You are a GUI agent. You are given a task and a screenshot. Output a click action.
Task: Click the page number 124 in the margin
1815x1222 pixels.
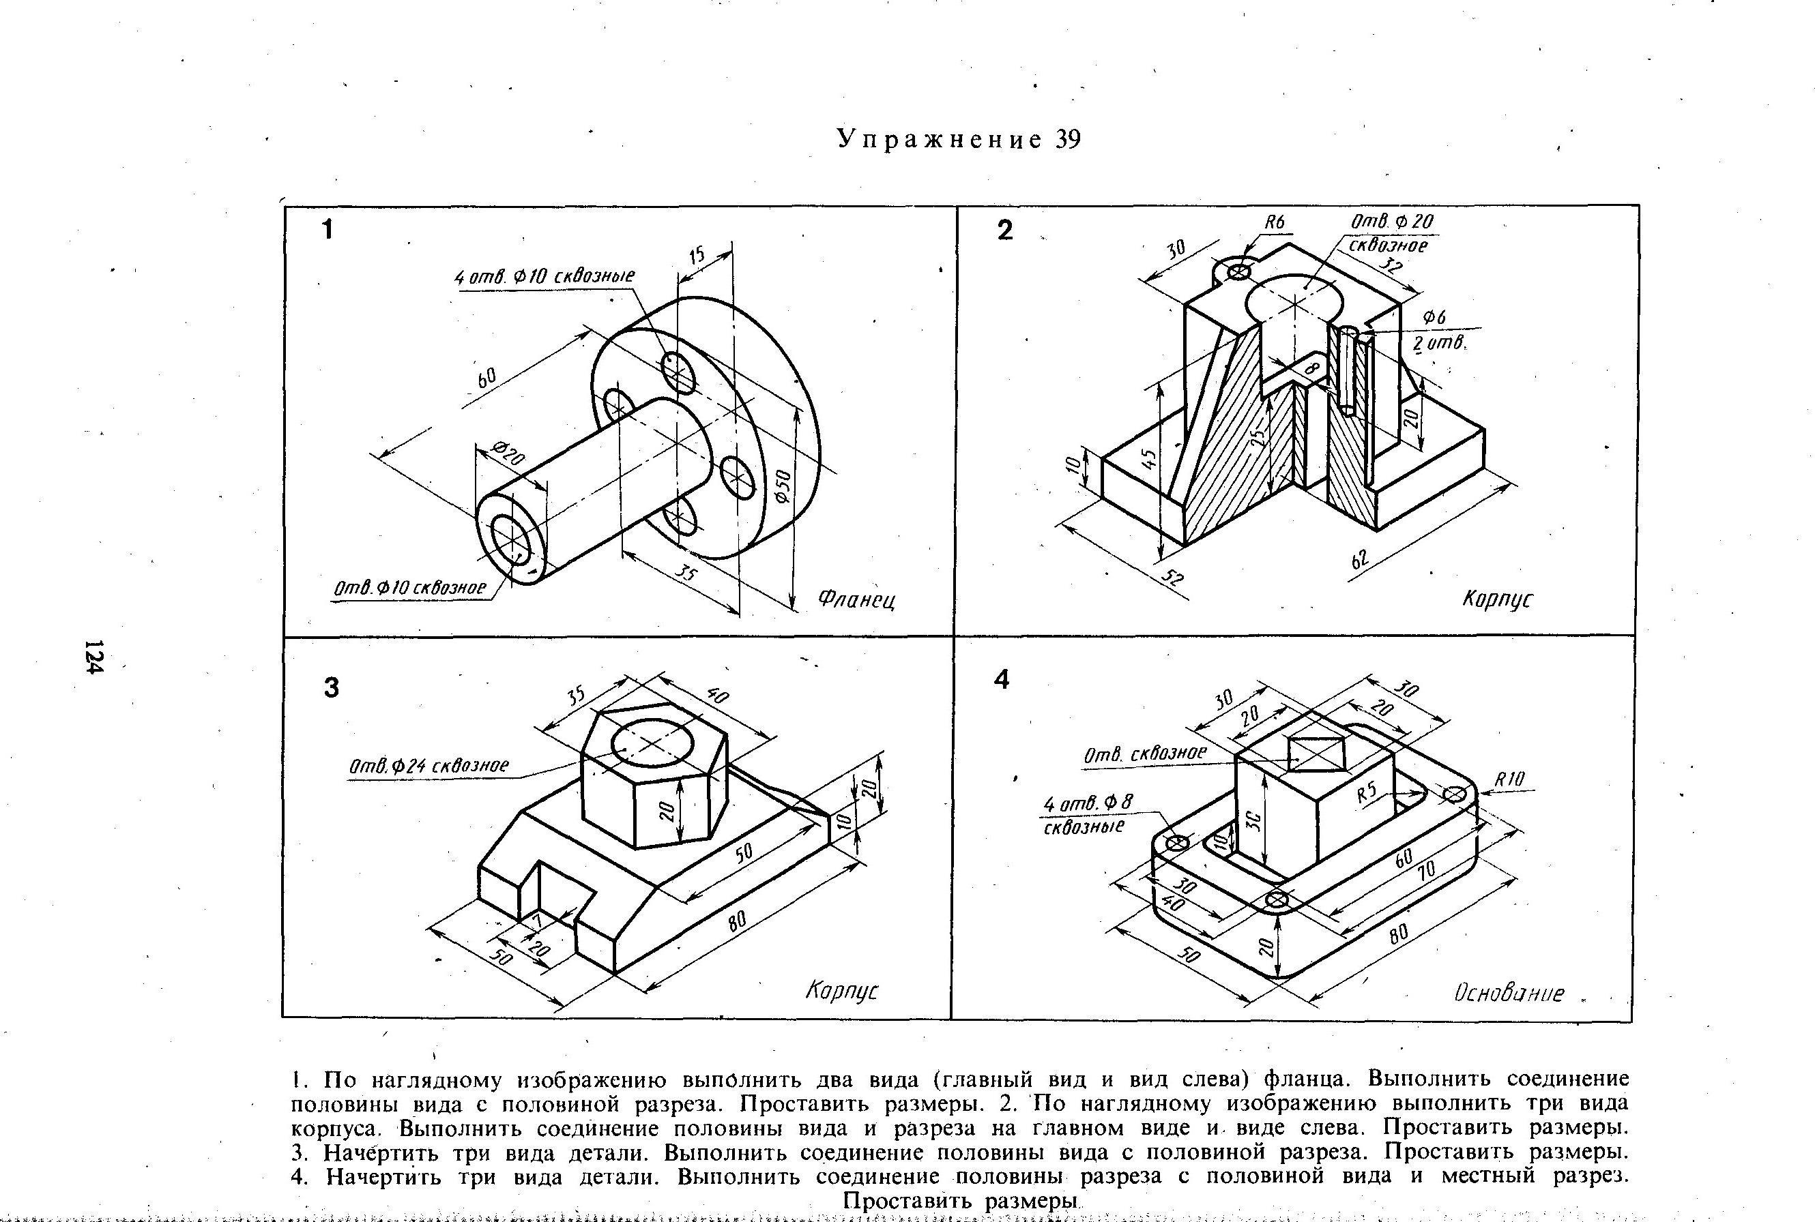click(93, 656)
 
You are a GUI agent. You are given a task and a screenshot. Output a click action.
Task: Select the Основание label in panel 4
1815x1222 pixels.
click(1509, 992)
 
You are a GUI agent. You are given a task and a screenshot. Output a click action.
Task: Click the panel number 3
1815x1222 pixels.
click(332, 688)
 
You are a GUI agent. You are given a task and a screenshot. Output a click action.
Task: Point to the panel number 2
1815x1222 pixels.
click(1005, 230)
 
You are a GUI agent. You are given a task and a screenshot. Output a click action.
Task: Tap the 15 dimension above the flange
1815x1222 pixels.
click(696, 255)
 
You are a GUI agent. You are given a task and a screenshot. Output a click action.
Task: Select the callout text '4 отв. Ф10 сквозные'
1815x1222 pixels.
click(544, 277)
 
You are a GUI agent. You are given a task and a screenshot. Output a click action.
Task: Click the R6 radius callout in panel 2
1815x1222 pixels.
click(1273, 223)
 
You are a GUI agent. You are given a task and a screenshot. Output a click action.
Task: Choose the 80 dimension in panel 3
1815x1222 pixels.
click(737, 921)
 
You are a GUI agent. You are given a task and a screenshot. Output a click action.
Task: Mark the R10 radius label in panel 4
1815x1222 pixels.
click(1509, 779)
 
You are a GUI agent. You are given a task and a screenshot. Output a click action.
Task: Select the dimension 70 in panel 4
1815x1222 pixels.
click(1425, 871)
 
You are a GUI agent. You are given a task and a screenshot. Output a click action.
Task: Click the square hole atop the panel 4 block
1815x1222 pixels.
click(1318, 754)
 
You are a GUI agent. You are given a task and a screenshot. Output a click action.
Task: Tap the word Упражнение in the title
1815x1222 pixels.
click(939, 140)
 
